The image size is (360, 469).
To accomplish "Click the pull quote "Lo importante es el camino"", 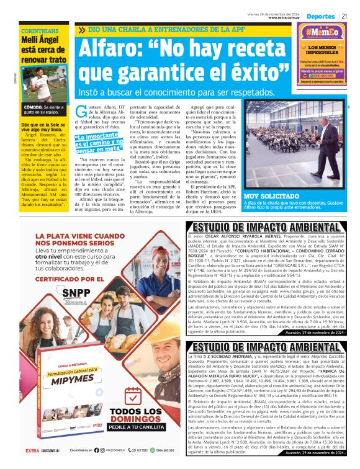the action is point(99,143).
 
